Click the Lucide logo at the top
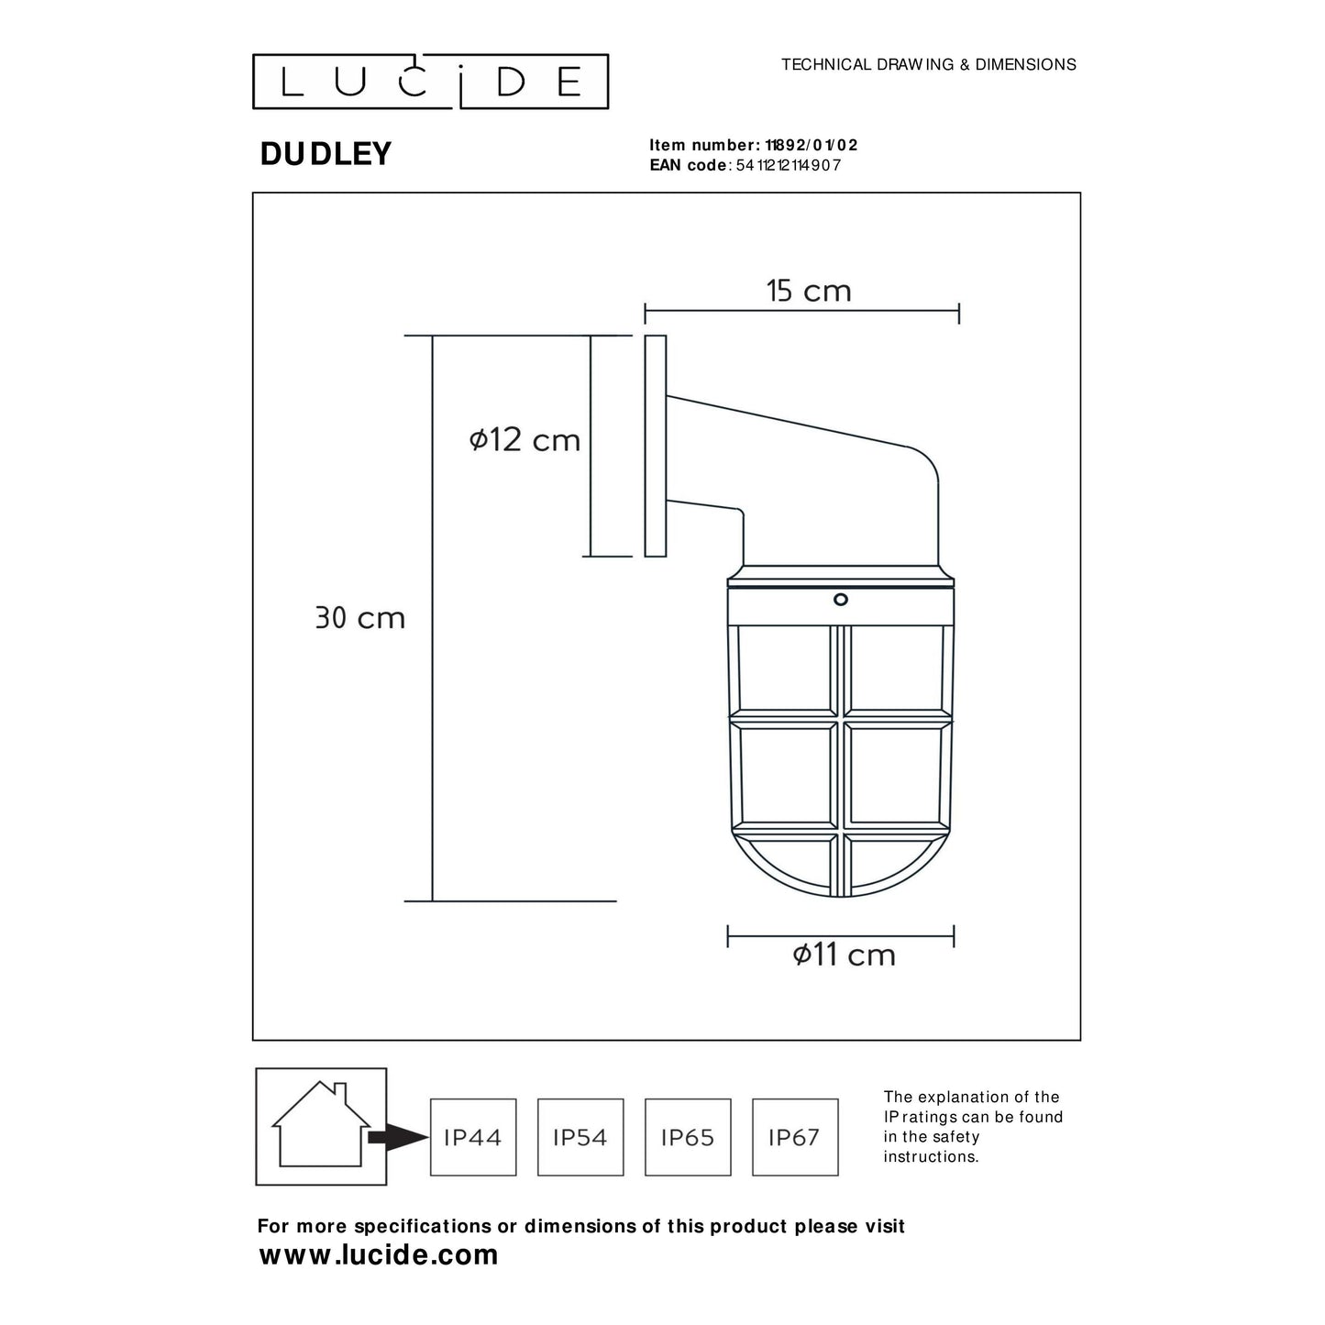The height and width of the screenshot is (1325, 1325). pos(430,82)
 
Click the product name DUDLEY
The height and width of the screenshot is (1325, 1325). pos(326,154)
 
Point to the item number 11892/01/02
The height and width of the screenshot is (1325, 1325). pos(805,145)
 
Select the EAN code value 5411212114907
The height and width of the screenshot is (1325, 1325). pos(788,165)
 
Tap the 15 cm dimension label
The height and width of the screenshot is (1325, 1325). pos(809,292)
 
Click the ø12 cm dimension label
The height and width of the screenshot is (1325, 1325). pos(524,440)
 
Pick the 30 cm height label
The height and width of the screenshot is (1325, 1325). pos(359,618)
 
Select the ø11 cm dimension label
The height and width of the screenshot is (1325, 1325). pos(844,955)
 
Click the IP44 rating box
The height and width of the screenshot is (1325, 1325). pos(473,1137)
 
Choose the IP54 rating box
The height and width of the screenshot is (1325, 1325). pos(580,1137)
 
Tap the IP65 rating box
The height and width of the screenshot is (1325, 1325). pos(688,1137)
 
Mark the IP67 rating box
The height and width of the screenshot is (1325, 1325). pos(795,1137)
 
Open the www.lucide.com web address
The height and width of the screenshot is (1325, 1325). pos(379,1254)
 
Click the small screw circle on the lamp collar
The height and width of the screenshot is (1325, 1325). pos(840,600)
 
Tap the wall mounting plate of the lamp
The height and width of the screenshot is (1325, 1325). pos(655,446)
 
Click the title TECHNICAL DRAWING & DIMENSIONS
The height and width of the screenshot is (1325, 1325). pos(928,65)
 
